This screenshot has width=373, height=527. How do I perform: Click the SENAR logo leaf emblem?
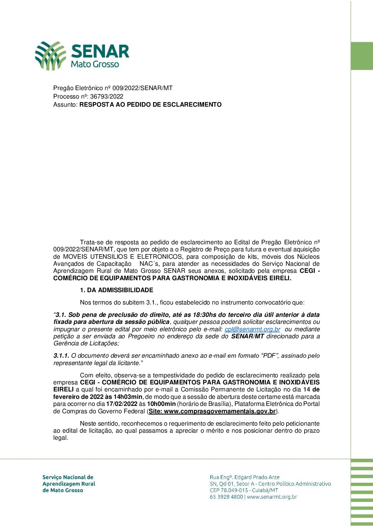[50, 56]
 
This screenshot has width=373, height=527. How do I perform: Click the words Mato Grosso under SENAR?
[95, 64]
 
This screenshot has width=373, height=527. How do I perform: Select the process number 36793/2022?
[107, 96]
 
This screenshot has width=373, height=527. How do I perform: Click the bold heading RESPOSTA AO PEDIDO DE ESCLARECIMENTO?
[151, 105]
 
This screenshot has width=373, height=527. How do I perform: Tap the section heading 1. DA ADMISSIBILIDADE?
[116, 290]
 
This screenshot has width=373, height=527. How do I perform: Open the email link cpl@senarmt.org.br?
[252, 329]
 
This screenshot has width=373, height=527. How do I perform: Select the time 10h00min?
[161, 404]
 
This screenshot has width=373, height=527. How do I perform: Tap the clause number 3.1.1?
[61, 356]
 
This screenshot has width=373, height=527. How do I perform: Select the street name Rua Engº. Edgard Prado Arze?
[244, 477]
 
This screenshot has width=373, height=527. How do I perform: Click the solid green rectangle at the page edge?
[362, 56]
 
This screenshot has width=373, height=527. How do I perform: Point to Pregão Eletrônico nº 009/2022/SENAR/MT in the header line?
[113, 88]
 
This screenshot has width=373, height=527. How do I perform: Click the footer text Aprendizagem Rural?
[69, 484]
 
